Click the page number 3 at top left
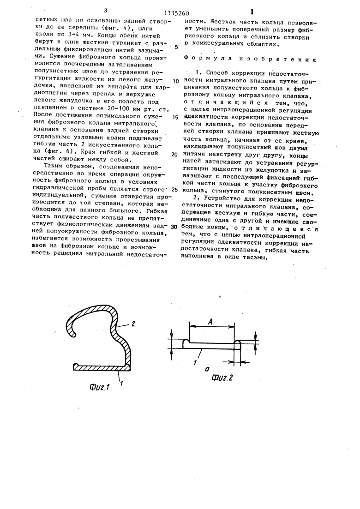pos(106,10)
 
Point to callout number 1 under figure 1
pos(121,383)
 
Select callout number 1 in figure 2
pos(197,363)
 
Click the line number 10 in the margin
pos(175,81)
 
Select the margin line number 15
pos(175,117)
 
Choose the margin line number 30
pos(174,227)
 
